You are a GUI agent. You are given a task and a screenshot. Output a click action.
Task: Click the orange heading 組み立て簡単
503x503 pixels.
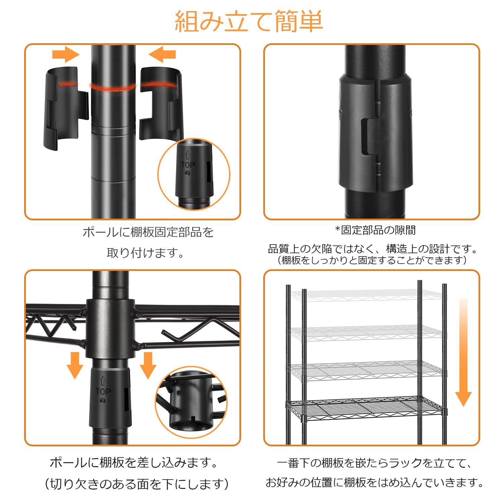pos(248,21)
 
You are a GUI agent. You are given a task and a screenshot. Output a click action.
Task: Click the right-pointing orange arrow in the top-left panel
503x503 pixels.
pos(66,54)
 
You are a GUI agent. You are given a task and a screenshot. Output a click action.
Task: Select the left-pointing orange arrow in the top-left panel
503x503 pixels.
pos(162,54)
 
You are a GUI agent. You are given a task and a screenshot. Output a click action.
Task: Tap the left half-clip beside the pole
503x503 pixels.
pos(66,108)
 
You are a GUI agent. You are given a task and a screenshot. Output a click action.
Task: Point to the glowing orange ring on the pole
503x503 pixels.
pos(113,87)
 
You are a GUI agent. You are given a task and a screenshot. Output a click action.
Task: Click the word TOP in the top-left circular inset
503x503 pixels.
pos(188,165)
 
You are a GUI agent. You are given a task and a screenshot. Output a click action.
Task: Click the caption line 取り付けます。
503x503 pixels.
pos(146,253)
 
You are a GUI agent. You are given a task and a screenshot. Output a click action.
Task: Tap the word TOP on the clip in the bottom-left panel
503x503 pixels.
pos(103,392)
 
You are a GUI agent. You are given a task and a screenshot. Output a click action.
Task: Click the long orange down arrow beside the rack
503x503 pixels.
pos(463,352)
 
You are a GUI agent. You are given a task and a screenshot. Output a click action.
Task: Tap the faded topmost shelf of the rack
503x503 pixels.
pos(366,295)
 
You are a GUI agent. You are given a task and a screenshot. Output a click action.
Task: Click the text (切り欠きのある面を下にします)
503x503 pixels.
pos(136,484)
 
